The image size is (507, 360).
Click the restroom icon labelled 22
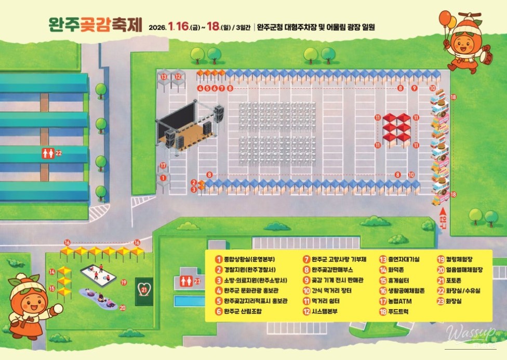47,153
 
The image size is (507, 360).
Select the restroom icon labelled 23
185,281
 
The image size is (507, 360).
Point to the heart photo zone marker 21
144,287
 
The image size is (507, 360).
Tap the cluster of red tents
396,129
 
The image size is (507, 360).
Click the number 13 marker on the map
164,76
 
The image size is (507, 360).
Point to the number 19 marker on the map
124,283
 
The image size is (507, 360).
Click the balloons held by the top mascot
447,20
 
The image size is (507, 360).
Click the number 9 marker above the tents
415,88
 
